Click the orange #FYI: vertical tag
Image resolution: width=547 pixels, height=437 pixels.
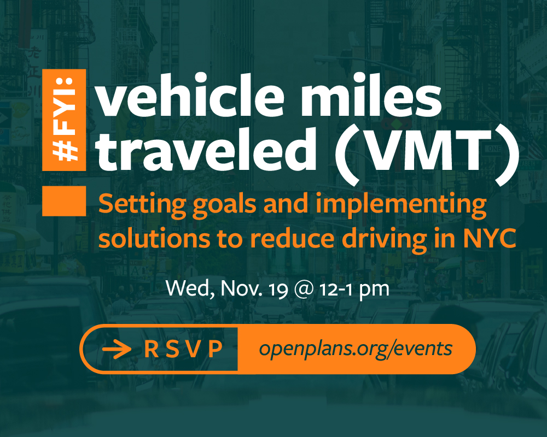click(64, 120)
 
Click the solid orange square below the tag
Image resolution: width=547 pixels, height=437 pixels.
click(64, 201)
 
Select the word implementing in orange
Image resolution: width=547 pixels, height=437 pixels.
click(401, 205)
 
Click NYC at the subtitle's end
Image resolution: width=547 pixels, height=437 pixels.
click(490, 238)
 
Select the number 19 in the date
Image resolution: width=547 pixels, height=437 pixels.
click(278, 290)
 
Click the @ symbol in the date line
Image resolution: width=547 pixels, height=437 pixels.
click(304, 290)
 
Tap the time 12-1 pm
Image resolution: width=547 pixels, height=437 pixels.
click(354, 290)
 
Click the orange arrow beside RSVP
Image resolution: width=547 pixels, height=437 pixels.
click(117, 349)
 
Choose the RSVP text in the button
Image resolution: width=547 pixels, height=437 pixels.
click(183, 349)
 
